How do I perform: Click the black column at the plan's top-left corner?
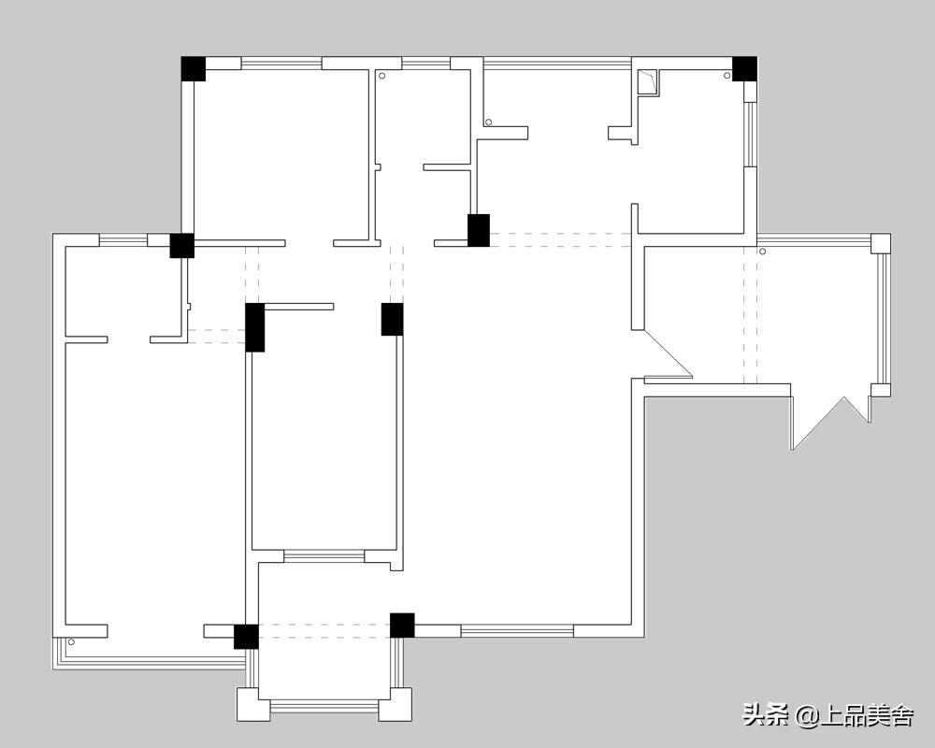[194, 68]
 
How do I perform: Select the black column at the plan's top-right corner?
[745, 68]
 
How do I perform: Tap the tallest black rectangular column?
[254, 327]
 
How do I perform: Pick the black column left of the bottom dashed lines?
[246, 637]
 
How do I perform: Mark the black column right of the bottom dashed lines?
[402, 626]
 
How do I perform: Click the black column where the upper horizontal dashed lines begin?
[478, 230]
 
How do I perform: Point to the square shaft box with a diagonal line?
[647, 83]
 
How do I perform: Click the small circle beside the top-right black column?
[726, 76]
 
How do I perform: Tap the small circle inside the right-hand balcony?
[762, 252]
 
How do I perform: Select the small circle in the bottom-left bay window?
[71, 641]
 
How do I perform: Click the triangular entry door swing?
[662, 354]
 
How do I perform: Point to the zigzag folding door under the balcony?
[830, 423]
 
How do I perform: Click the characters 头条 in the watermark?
[766, 714]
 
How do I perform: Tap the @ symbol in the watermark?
[808, 714]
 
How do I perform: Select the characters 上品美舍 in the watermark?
[867, 714]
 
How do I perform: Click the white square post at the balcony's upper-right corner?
[881, 243]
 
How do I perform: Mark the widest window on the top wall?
[557, 62]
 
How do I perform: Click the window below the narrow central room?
[324, 556]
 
